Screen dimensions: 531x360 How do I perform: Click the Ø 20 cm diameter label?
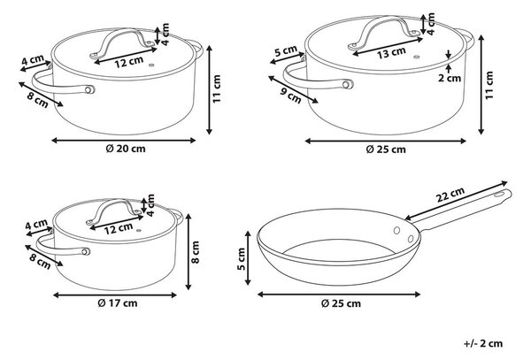126,149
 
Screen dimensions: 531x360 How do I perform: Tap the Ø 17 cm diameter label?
118,303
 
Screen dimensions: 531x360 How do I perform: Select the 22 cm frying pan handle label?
450,195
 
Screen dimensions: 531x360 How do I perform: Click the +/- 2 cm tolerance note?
483,343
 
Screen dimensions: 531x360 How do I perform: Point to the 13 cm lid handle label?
391,52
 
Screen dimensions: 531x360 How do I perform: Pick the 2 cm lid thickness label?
450,78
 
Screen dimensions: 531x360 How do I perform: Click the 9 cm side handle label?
290,96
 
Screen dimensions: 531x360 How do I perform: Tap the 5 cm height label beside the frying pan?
242,259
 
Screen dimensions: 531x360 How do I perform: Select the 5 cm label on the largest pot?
286,51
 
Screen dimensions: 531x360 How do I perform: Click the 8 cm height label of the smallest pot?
196,252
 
